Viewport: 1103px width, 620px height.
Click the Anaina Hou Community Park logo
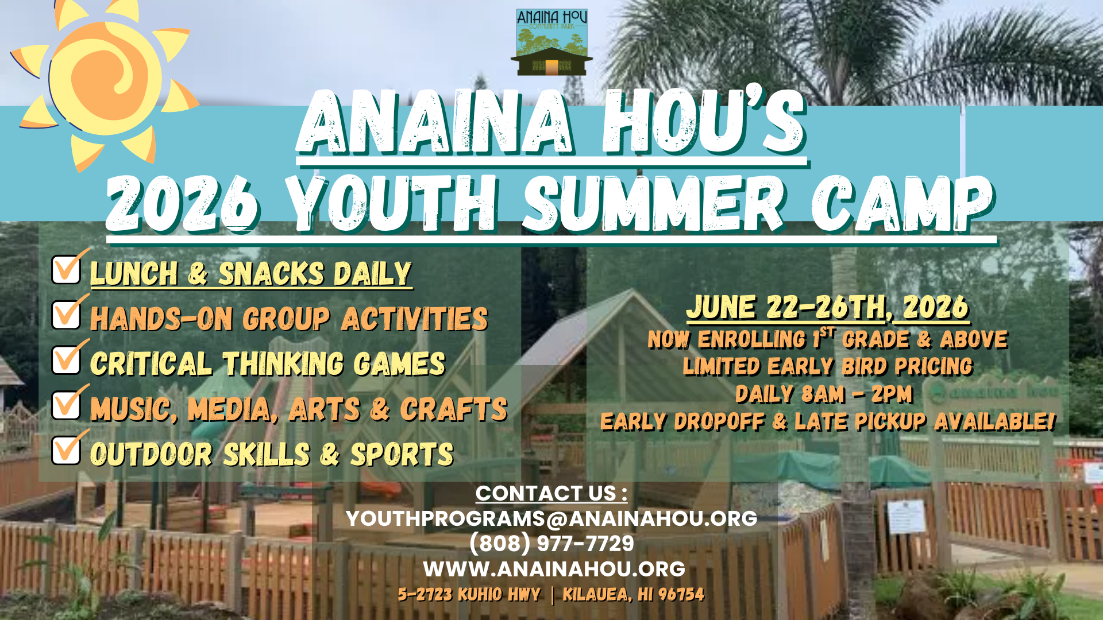(551, 42)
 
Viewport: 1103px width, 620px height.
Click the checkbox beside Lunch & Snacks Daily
(67, 269)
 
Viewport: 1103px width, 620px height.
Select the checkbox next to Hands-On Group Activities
(67, 315)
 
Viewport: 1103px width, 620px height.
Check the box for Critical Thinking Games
(67, 360)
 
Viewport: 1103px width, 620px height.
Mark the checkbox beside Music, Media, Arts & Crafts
(67, 405)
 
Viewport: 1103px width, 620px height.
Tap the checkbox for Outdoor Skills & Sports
(67, 450)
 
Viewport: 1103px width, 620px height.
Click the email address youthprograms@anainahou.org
(551, 518)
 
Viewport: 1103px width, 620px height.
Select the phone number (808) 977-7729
(551, 543)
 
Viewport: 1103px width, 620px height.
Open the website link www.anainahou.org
(554, 569)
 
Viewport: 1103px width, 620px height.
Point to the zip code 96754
(681, 594)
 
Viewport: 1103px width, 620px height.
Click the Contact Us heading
(551, 493)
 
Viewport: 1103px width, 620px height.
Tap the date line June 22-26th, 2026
(828, 308)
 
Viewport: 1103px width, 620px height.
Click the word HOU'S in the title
(704, 122)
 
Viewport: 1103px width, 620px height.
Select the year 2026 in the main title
(183, 204)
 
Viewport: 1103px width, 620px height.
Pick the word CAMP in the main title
(903, 204)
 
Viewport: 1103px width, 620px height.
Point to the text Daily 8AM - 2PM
(824, 394)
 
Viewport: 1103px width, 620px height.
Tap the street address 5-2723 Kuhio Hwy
(469, 594)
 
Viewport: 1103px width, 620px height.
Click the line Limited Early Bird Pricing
(828, 366)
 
